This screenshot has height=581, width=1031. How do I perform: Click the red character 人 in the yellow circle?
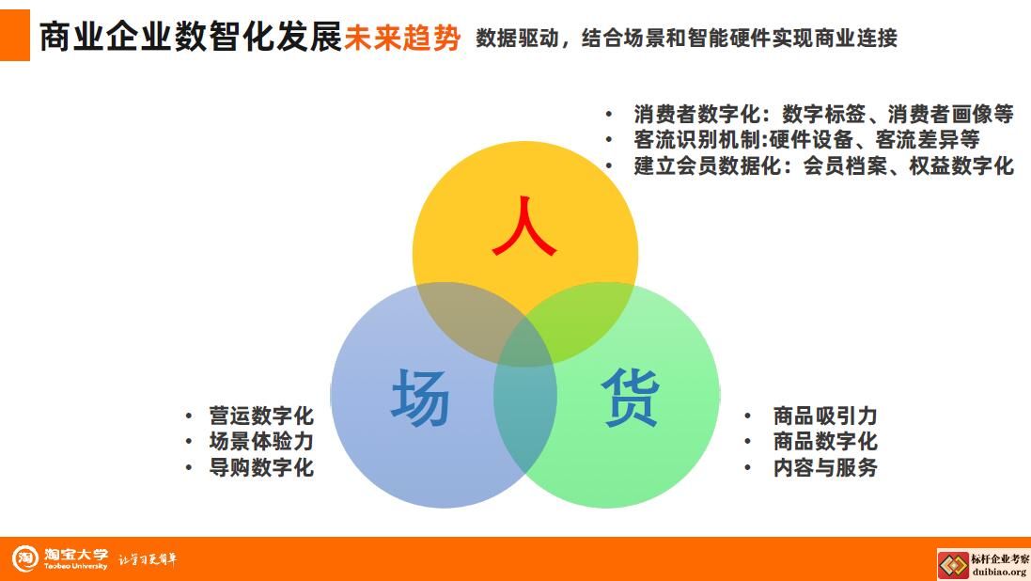coord(524,226)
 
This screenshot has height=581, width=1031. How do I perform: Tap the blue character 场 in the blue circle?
coord(420,397)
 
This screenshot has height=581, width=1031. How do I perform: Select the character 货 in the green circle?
coord(630,397)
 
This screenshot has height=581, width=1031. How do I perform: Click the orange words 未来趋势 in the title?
coord(402,37)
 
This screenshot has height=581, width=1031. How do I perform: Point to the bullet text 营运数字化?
coord(261,416)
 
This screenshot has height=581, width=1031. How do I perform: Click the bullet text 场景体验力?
coord(261,442)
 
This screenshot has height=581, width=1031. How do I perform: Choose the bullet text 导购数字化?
coord(261,468)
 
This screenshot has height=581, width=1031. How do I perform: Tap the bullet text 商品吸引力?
coord(825,416)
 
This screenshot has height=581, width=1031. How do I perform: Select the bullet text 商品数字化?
coord(825,442)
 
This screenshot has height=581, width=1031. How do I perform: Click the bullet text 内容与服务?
coord(825,468)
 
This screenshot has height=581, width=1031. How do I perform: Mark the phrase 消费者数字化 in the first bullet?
coord(697,114)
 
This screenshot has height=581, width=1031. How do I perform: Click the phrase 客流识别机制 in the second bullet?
coord(697,139)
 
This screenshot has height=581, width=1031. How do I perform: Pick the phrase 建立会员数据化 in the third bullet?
coord(708,165)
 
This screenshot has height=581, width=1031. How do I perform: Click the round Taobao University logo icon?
coord(25,558)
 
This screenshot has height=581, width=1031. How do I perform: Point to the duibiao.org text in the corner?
coord(999,572)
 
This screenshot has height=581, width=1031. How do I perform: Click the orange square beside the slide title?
coord(14,35)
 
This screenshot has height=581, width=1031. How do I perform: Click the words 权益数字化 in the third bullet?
coord(961,165)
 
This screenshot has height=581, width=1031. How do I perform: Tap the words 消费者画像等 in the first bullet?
coord(951,114)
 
